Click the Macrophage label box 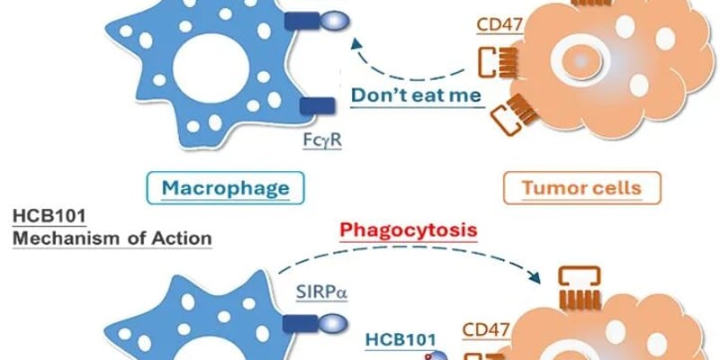(225, 188)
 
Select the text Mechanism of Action (112, 238)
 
